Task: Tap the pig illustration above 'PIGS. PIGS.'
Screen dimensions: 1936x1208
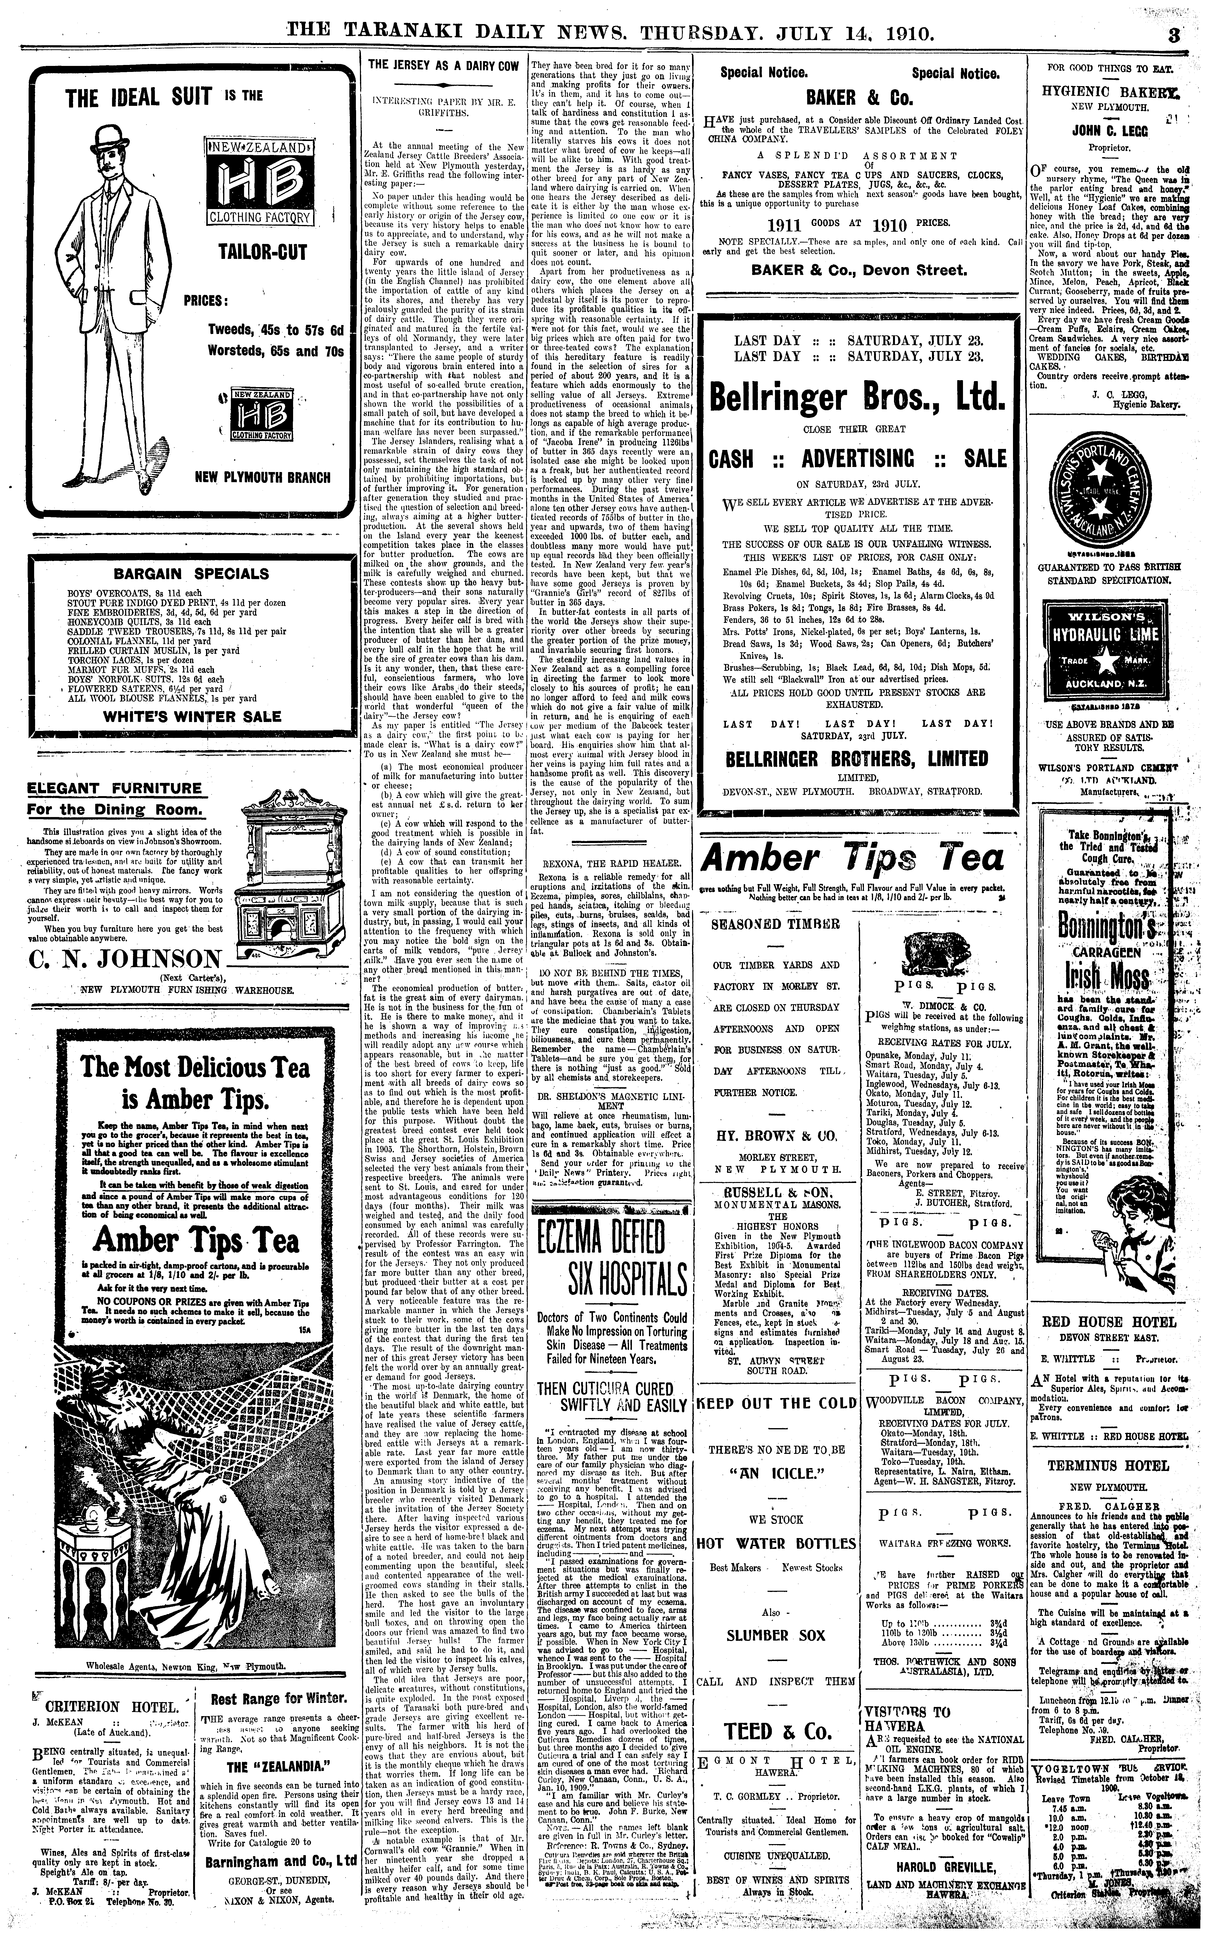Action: point(937,954)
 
